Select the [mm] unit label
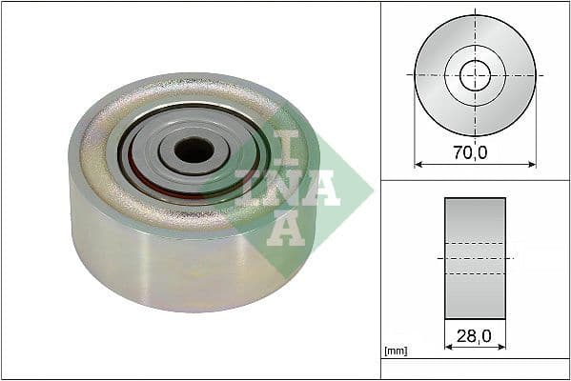(395, 351)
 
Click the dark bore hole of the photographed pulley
(194, 149)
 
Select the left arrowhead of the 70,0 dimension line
(418, 164)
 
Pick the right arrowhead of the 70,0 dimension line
(531, 164)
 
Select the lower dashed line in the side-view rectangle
(475, 274)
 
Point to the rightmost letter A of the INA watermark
(322, 188)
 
